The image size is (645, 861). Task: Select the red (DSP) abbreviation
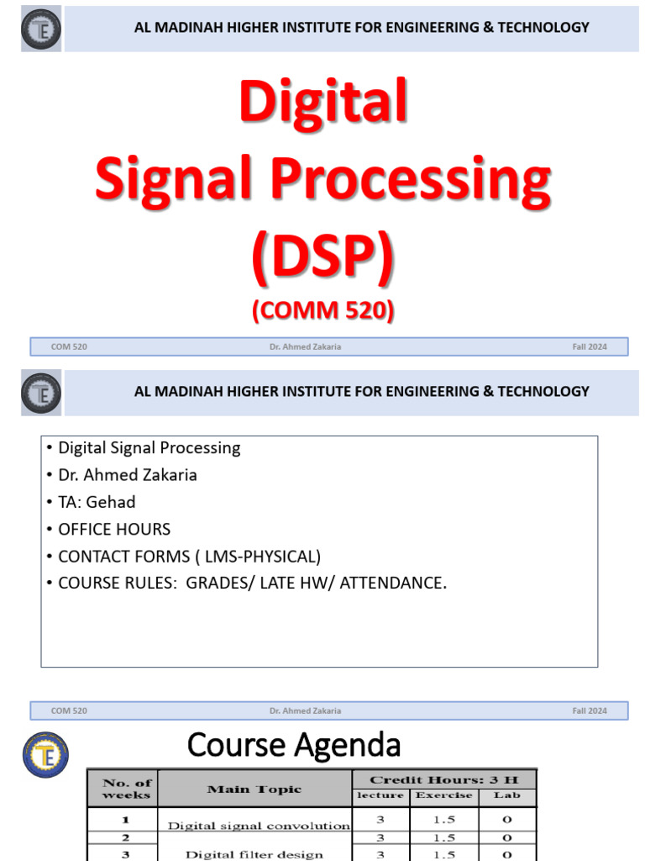(x=322, y=256)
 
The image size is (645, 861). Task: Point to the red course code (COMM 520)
(x=322, y=310)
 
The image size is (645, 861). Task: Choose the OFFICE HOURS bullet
(x=113, y=529)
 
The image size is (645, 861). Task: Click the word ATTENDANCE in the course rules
(x=392, y=583)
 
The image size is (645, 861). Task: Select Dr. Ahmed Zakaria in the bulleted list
(x=128, y=475)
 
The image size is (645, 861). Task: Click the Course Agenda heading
(x=294, y=744)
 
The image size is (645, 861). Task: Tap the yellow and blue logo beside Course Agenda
(x=45, y=753)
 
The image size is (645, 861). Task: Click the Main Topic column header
(x=254, y=790)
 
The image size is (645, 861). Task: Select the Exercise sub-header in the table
(x=443, y=795)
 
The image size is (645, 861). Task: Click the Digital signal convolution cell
(x=259, y=826)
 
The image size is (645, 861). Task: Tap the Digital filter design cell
(x=254, y=854)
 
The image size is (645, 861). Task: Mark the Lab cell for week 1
(x=506, y=819)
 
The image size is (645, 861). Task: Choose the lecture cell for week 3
(x=380, y=854)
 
